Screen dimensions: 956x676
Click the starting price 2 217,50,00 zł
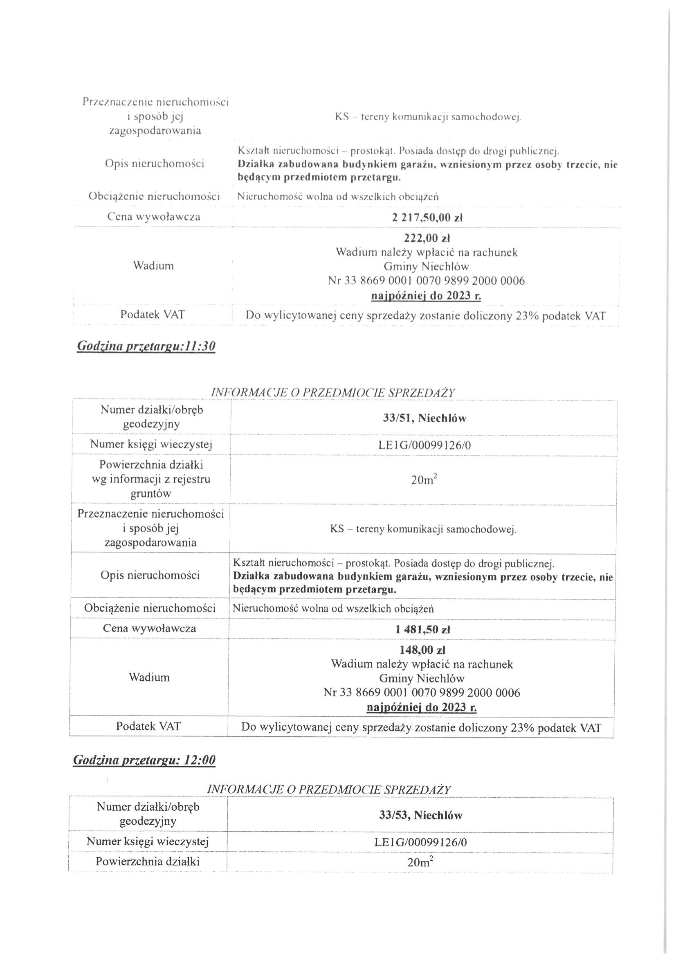[x=427, y=218]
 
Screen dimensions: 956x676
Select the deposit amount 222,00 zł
[x=427, y=238]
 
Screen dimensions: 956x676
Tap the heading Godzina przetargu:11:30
[x=146, y=346]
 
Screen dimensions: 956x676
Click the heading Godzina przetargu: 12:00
[x=144, y=760]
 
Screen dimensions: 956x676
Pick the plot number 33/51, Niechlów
[x=424, y=418]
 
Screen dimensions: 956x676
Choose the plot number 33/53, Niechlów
[x=421, y=815]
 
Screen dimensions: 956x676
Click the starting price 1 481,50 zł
[x=423, y=630]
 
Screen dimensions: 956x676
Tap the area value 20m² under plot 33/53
[x=420, y=862]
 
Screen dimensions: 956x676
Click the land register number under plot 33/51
[x=424, y=445]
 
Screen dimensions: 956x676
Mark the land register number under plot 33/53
[x=421, y=842]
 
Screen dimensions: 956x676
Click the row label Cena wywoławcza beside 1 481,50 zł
[x=149, y=628]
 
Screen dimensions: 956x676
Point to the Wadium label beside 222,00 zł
[x=153, y=265]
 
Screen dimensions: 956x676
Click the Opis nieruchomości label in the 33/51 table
[x=150, y=576]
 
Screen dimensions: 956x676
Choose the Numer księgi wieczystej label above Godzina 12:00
[x=151, y=445]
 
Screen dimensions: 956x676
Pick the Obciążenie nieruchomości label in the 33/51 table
[x=150, y=608]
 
